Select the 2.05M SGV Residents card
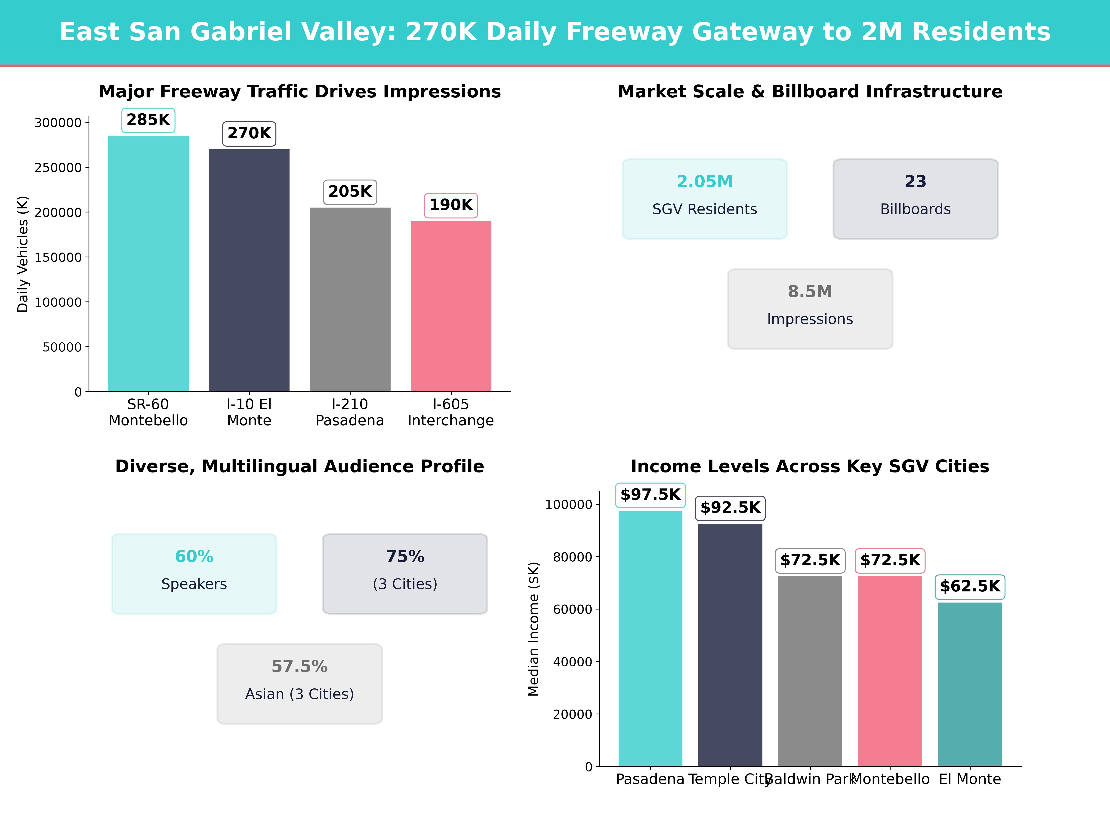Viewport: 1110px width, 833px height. coord(705,199)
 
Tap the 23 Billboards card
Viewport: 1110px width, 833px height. coord(915,199)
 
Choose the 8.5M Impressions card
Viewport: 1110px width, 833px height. coord(810,309)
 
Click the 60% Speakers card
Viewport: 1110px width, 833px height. coord(194,573)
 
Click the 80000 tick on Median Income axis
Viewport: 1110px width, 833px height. coord(573,557)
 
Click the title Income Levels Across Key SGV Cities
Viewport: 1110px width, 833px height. coord(810,466)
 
